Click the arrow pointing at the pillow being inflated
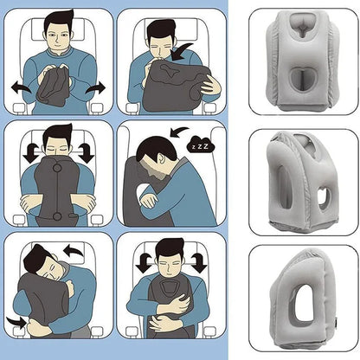pyautogui.click(x=183, y=49)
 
